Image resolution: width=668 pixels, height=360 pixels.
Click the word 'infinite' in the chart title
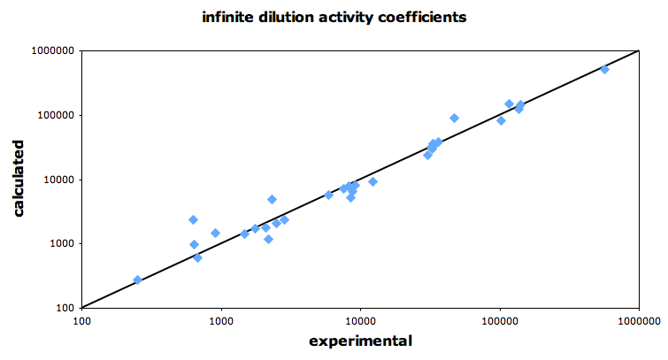tap(230, 16)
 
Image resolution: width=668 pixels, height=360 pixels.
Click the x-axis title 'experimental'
tap(360, 341)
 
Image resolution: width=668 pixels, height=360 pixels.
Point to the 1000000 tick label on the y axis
tap(50, 51)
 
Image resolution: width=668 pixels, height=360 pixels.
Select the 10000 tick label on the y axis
tap(56, 180)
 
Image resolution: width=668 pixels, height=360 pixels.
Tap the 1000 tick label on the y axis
tap(59, 243)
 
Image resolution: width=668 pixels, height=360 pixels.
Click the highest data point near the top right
tap(605, 69)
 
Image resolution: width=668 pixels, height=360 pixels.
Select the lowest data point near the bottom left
tap(137, 280)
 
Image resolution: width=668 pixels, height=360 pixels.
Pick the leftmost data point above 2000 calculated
tap(193, 219)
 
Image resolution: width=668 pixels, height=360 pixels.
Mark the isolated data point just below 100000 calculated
tap(455, 118)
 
